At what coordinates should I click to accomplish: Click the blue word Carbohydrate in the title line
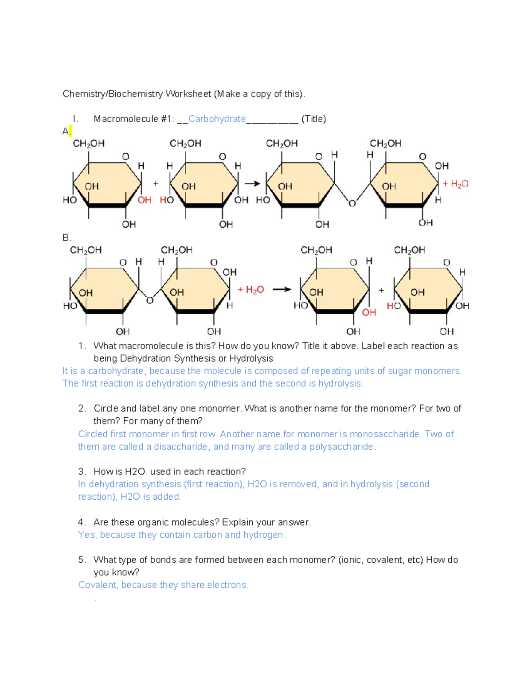217,119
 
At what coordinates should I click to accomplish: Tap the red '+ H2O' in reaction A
456,184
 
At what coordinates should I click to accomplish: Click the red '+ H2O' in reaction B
251,290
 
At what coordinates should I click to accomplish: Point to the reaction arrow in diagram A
252,183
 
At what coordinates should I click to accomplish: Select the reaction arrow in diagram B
282,289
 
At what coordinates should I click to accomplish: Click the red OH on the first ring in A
144,200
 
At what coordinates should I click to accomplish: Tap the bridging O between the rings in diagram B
150,300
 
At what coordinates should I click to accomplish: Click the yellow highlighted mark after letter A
70,131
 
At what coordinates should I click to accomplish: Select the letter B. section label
66,238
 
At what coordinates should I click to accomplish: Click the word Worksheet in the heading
188,94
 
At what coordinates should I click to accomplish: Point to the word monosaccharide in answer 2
384,434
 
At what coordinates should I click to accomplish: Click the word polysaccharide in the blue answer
341,447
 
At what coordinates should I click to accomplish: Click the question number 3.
81,471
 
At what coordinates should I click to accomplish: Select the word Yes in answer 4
86,535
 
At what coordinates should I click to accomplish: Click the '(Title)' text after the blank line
313,119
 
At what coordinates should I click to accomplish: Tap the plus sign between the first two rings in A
156,183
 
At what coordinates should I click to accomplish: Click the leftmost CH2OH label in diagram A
89,144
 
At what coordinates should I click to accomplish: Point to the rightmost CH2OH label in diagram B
409,250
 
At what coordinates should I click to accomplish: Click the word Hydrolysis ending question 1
251,358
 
